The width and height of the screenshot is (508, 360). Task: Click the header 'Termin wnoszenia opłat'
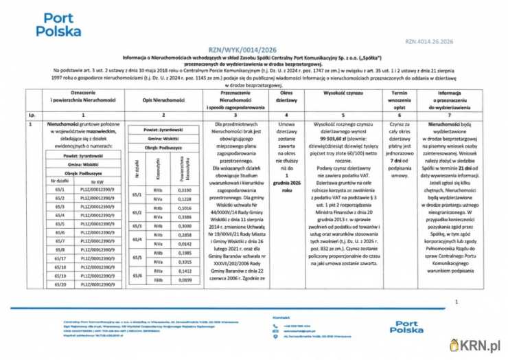click(x=399, y=100)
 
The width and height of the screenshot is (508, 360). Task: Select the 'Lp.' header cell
click(x=32, y=114)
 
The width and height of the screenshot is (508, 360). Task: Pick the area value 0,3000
click(x=185, y=225)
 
